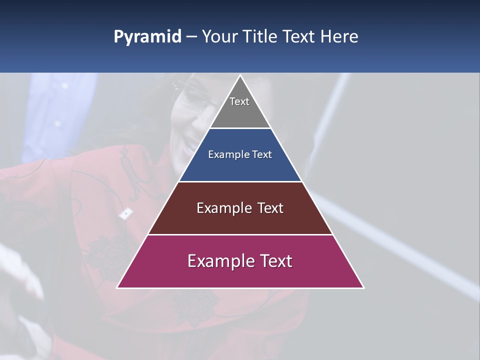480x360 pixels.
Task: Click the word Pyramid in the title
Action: [x=147, y=37]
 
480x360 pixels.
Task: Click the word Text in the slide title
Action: [x=300, y=36]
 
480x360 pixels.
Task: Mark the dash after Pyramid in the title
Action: [x=191, y=37]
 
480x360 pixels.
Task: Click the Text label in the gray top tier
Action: [x=239, y=101]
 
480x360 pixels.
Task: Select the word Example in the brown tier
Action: [x=223, y=208]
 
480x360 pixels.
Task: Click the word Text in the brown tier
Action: [x=270, y=208]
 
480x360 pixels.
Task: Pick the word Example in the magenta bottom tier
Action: [x=217, y=261]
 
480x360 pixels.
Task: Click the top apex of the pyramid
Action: [x=240, y=76]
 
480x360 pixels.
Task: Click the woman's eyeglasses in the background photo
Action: [x=192, y=97]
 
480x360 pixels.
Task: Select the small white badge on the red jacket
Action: [x=125, y=214]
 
